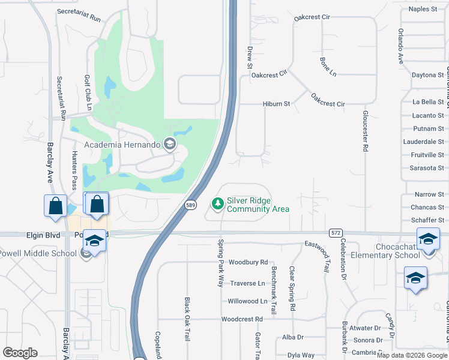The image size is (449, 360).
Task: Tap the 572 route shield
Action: click(x=336, y=232)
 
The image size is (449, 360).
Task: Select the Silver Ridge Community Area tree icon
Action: click(x=217, y=205)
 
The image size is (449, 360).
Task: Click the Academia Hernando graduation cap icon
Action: click(x=170, y=144)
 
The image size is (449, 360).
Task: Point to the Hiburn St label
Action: click(x=276, y=104)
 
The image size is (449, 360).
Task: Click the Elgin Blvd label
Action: click(x=43, y=235)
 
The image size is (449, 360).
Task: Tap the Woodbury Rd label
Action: click(x=248, y=262)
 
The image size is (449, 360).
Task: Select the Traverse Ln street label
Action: click(x=247, y=283)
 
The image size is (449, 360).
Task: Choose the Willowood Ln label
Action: click(x=248, y=301)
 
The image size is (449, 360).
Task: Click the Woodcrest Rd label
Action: click(x=242, y=319)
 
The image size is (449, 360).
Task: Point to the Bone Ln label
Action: click(x=328, y=67)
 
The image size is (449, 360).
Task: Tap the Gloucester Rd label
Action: click(x=364, y=130)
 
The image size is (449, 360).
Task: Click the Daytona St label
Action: click(x=428, y=75)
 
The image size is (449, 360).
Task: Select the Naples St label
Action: click(x=423, y=9)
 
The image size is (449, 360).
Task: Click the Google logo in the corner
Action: click(x=20, y=353)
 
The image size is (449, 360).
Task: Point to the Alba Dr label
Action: click(x=293, y=337)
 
